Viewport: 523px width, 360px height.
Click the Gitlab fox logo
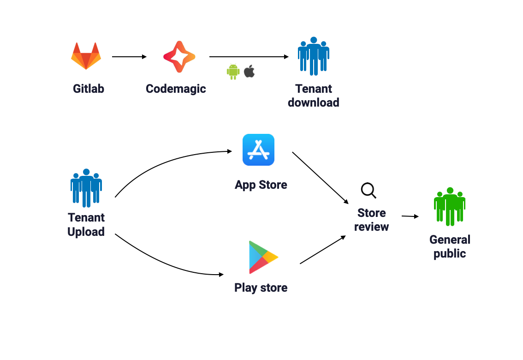click(x=86, y=56)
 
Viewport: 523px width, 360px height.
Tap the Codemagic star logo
click(x=179, y=56)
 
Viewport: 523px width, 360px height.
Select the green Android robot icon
click(x=233, y=72)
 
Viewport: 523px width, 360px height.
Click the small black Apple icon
click(x=249, y=71)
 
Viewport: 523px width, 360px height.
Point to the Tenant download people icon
click(x=314, y=56)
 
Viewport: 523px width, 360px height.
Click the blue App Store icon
click(x=259, y=150)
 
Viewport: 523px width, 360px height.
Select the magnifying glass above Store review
click(x=368, y=190)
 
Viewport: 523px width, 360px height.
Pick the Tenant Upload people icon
click(x=86, y=188)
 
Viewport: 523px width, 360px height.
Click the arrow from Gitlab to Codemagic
click(x=129, y=57)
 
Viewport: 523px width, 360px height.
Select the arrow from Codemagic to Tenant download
click(x=249, y=57)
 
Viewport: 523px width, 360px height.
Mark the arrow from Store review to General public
click(x=410, y=216)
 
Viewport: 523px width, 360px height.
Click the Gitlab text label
click(x=89, y=89)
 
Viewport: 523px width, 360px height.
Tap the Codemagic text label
click(x=176, y=89)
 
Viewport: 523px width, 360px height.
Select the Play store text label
click(x=261, y=288)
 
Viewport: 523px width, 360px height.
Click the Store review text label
click(x=372, y=220)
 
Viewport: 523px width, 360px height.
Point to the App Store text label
click(x=261, y=185)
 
